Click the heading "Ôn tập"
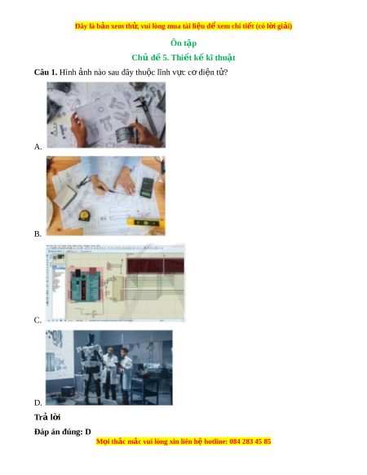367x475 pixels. tap(183, 43)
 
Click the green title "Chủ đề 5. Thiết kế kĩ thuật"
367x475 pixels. tap(183, 58)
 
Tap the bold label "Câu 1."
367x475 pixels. tap(46, 72)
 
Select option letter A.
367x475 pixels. tap(38, 147)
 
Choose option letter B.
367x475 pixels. tap(38, 234)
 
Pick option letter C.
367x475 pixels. tap(38, 320)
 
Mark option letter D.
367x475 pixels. tap(38, 402)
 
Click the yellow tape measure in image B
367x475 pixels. tap(84, 215)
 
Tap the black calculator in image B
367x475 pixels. tap(147, 188)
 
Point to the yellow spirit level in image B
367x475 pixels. tap(146, 223)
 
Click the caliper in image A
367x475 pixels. tap(147, 111)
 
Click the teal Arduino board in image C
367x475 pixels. tap(85, 285)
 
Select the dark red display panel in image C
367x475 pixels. tap(155, 266)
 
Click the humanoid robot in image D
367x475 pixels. tap(91, 367)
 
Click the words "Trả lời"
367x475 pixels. tap(47, 417)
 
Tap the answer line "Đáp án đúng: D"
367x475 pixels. tap(62, 432)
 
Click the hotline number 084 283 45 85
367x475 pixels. tap(250, 442)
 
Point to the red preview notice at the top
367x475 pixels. tap(183, 26)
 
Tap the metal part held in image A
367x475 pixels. tap(124, 133)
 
